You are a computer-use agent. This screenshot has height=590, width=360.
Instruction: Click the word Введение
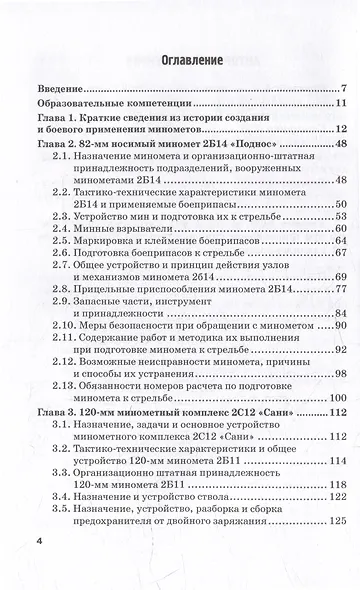tap(63, 90)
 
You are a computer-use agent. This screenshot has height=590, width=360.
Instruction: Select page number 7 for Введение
tap(343, 90)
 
